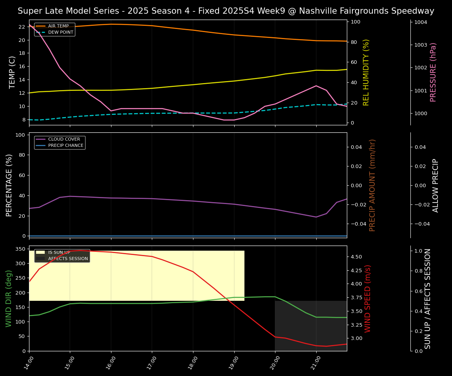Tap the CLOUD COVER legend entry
coord(64,139)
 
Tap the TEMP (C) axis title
coord(12,72)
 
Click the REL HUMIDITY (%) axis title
coord(366,72)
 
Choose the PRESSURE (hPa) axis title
coord(433,72)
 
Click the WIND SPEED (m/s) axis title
coord(368,298)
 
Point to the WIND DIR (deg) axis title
coord(9,298)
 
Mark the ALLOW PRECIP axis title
coord(436,185)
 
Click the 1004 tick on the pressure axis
coord(420,22)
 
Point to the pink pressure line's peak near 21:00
coord(316,85)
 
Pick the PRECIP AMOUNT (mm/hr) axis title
coord(372,185)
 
